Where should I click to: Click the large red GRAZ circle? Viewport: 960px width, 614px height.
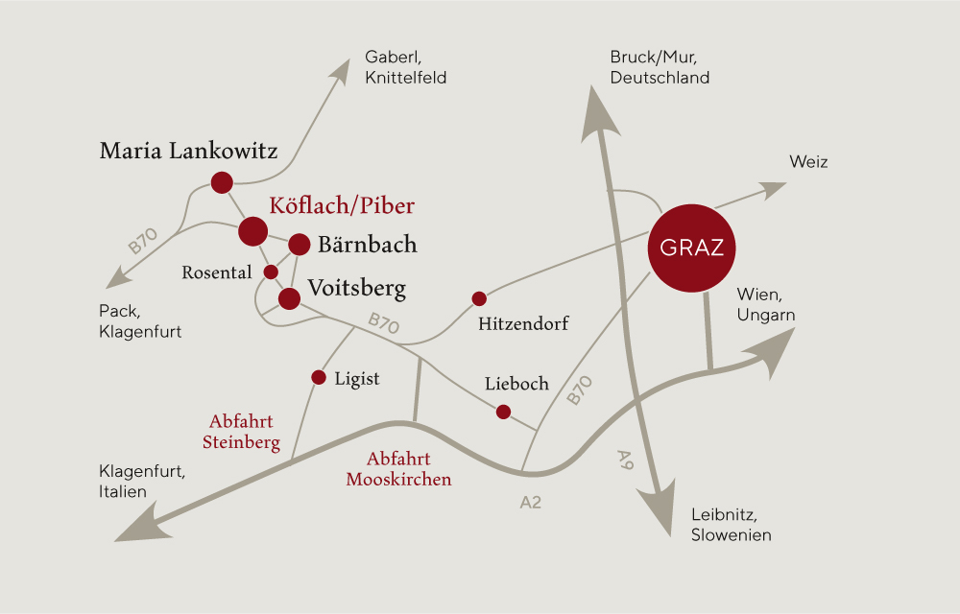[x=692, y=248]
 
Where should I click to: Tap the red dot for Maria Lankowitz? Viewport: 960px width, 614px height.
[x=222, y=182]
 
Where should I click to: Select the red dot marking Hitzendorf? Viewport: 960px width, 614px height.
[x=479, y=298]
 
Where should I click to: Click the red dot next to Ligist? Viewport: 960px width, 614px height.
[x=319, y=377]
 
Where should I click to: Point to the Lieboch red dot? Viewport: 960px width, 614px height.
[x=503, y=412]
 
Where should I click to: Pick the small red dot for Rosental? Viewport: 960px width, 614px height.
[x=271, y=272]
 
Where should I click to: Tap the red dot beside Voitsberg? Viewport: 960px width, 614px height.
[x=289, y=298]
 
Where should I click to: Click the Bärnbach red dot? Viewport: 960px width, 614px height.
[x=300, y=244]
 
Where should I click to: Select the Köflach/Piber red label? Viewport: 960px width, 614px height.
[x=342, y=205]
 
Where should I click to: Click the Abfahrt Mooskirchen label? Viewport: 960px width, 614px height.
[x=398, y=468]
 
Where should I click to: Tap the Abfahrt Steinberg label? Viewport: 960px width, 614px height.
[x=241, y=432]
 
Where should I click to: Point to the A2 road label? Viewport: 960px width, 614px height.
[x=530, y=502]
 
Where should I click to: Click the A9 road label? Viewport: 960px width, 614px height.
[x=625, y=460]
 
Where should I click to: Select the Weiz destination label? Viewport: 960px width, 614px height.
[x=808, y=161]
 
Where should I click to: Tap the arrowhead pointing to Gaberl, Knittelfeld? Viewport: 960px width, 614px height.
[x=340, y=71]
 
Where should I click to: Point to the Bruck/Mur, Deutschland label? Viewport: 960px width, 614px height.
[x=660, y=67]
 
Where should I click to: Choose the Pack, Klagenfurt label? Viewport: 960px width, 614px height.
[x=140, y=321]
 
